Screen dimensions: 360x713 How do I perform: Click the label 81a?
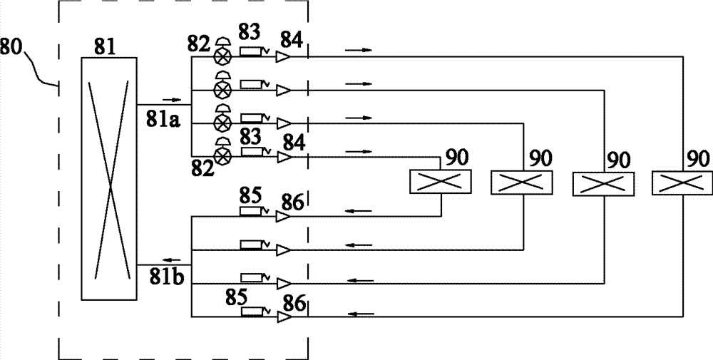point(163,122)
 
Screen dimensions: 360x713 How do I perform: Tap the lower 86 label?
point(294,303)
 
